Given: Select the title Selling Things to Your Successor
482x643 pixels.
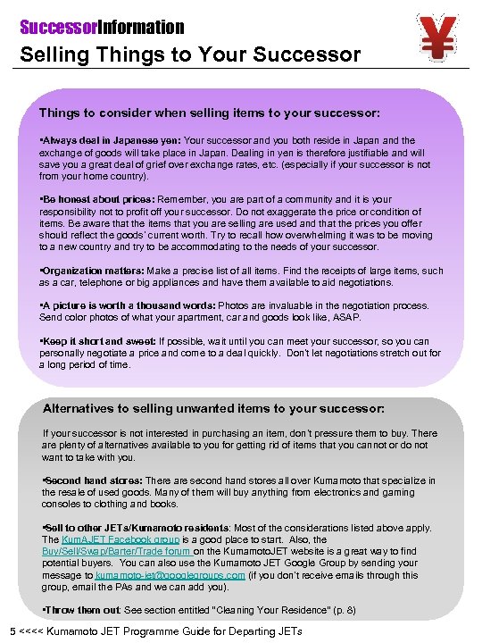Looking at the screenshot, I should pyautogui.click(x=191, y=54).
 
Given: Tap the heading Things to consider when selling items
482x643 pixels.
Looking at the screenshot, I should pyautogui.click(x=210, y=113).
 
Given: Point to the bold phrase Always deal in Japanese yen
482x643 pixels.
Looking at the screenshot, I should pyautogui.click(x=111, y=141).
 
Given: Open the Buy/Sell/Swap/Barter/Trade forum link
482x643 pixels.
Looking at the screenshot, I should pyautogui.click(x=117, y=552).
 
